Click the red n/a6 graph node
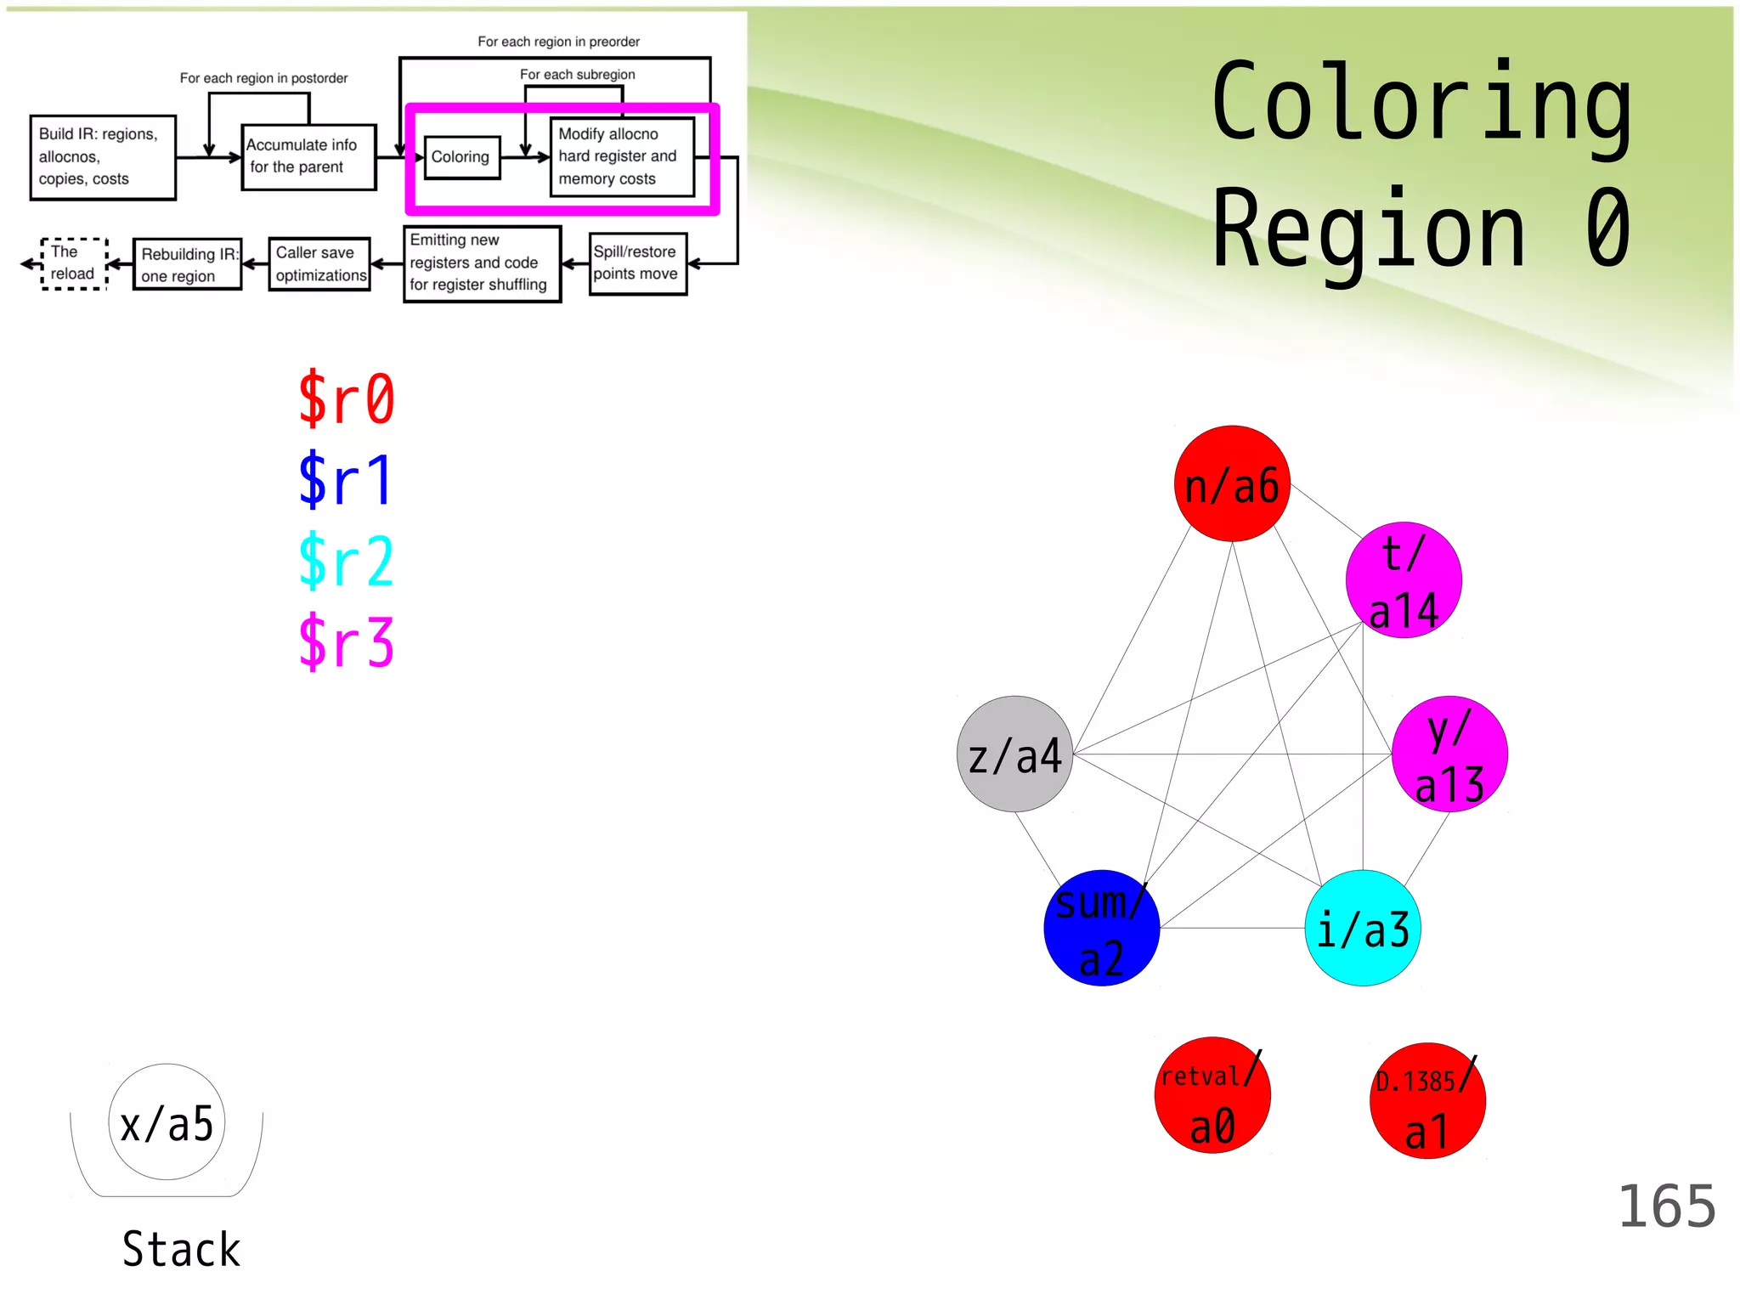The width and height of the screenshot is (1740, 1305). click(x=1231, y=483)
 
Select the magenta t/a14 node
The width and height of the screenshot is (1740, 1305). click(x=1404, y=580)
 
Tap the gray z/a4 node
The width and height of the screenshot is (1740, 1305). click(x=1014, y=754)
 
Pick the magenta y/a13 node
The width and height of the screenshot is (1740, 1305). click(x=1449, y=754)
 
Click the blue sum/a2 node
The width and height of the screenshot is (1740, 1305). click(x=1101, y=928)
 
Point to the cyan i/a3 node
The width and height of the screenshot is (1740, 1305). click(x=1362, y=928)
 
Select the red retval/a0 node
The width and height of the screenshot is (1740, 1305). click(x=1212, y=1095)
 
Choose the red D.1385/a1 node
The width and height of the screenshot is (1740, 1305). click(x=1427, y=1101)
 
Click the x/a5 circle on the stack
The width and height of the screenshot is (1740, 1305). click(x=167, y=1122)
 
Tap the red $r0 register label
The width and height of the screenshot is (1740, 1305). click(x=347, y=398)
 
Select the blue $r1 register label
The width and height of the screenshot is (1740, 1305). click(x=347, y=479)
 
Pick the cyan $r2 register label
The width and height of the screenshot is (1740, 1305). click(x=347, y=561)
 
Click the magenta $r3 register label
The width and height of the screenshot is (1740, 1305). click(x=347, y=641)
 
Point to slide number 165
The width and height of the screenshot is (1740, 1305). click(x=1666, y=1206)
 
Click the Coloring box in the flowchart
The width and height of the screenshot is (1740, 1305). click(x=461, y=157)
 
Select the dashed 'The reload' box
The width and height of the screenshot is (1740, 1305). click(x=74, y=264)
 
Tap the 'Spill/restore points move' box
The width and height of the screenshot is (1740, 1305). click(x=637, y=263)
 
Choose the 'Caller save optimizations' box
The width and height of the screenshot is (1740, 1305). click(x=319, y=264)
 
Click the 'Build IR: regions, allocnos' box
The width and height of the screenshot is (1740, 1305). click(x=103, y=157)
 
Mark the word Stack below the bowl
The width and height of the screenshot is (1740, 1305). click(x=181, y=1249)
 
